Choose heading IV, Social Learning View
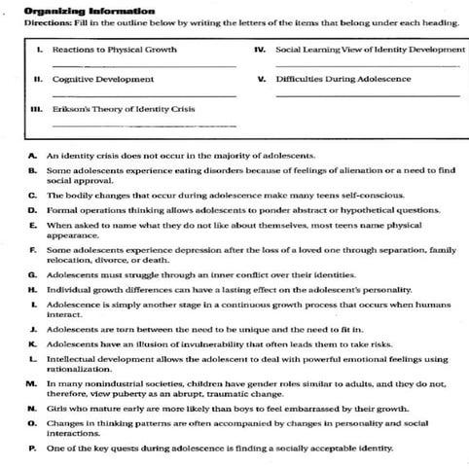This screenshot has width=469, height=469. click(370, 48)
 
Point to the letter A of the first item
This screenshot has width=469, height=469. click(33, 156)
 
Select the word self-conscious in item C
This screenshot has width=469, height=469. click(376, 195)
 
